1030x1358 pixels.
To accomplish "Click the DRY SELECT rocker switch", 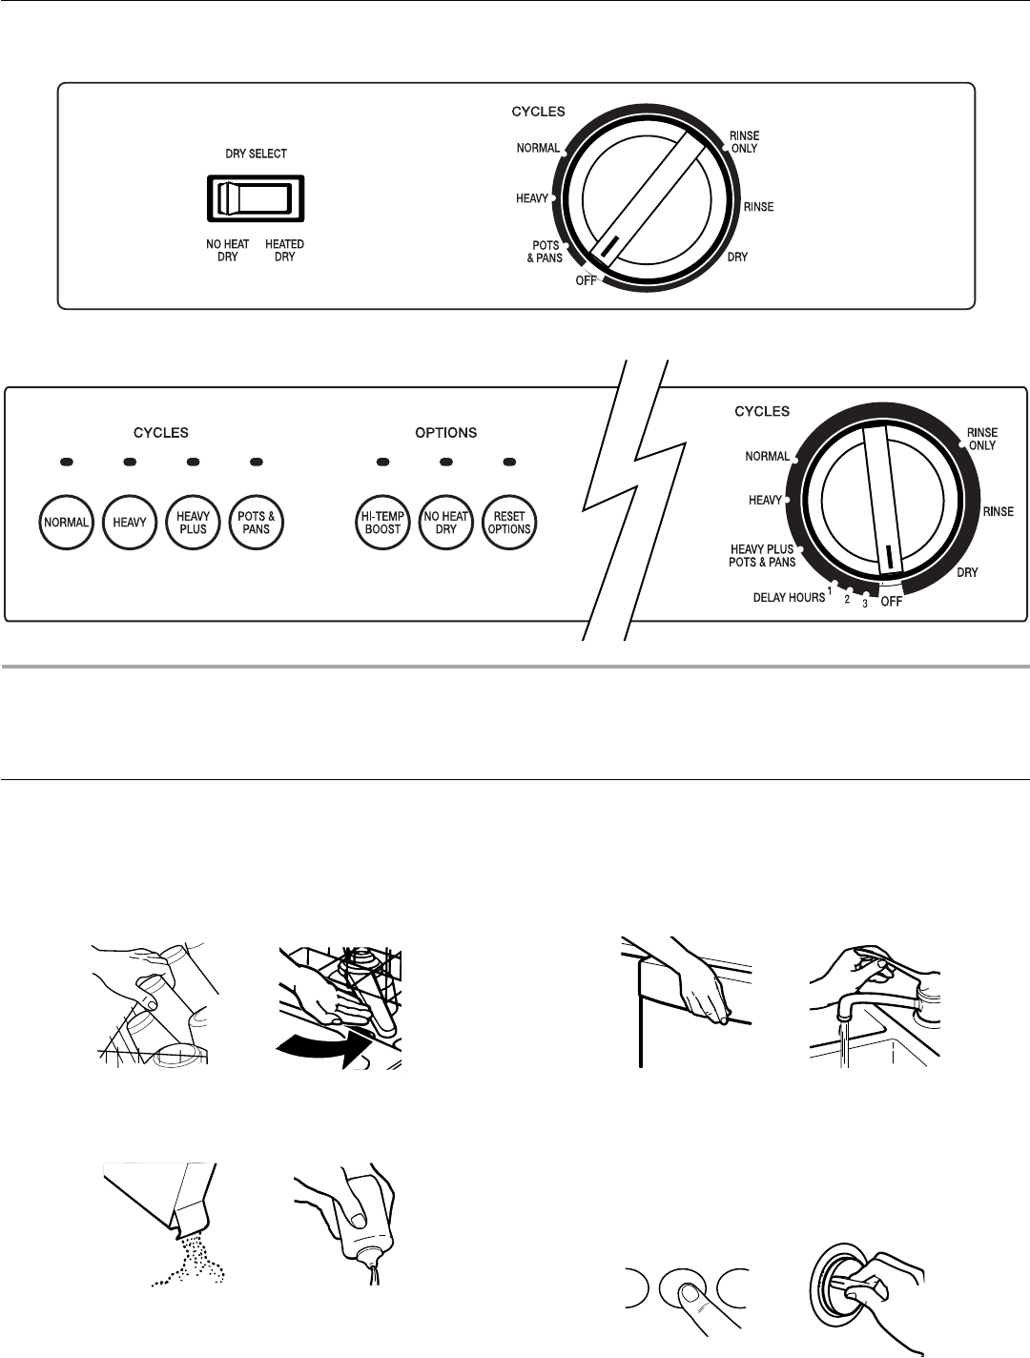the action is point(255,198).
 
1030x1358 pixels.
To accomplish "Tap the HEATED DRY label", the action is point(284,251).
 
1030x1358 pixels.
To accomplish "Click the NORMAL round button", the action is point(65,523).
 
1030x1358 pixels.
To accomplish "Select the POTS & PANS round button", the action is point(257,523).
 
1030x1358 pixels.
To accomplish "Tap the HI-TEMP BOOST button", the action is point(382,523).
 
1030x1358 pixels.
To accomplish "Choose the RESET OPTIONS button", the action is point(508,523).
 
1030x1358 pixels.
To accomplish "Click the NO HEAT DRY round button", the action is point(445,523).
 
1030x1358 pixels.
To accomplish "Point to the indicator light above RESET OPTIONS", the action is point(508,463).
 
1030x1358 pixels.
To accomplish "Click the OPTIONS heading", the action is point(445,433).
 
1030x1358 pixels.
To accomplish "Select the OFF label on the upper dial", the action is point(586,280).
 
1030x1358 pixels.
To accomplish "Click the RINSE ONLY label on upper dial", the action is point(744,142).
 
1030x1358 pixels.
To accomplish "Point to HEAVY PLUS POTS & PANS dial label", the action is point(762,556).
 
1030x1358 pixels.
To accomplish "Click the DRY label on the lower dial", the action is point(968,572).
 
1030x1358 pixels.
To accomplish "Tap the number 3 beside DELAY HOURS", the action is point(864,604).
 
